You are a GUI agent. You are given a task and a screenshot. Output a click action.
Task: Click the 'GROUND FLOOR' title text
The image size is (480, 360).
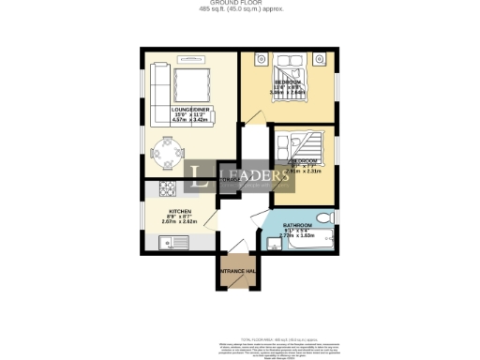click(239, 4)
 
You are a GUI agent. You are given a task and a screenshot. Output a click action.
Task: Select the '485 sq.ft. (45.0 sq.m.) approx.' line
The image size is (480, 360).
click(239, 10)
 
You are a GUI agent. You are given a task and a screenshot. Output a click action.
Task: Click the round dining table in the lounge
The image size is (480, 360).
click(166, 150)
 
